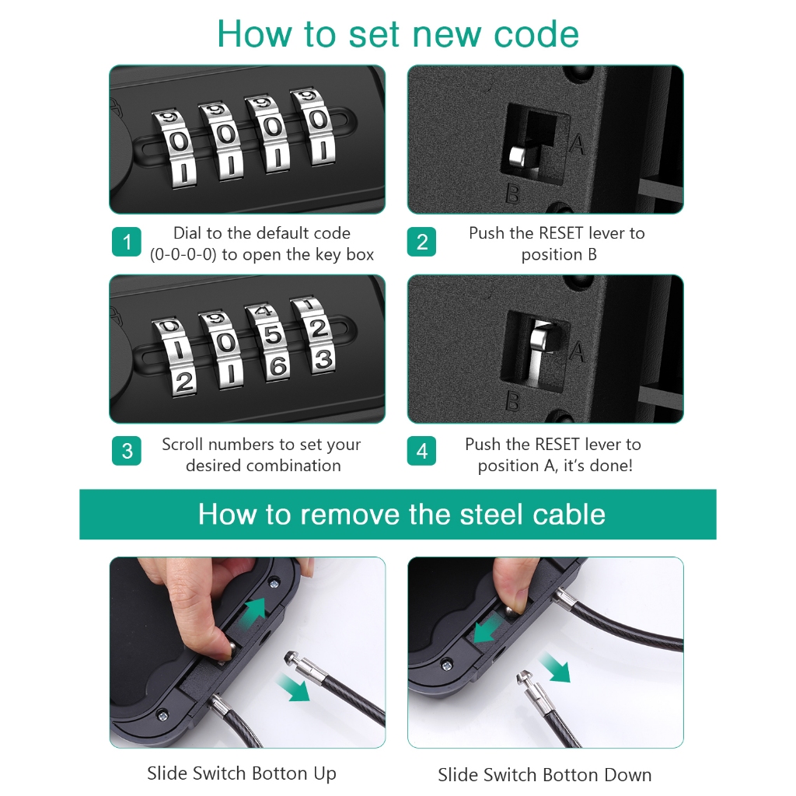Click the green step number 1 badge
[127, 242]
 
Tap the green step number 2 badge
[421, 242]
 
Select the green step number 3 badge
[127, 451]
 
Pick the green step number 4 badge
[421, 451]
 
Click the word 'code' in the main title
[536, 34]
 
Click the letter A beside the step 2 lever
[577, 144]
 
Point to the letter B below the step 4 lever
[513, 402]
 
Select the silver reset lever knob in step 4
[539, 337]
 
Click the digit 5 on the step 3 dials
[273, 335]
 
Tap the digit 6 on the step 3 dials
[278, 367]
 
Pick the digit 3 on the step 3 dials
[323, 360]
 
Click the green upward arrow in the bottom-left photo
[256, 608]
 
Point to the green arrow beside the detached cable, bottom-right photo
[555, 668]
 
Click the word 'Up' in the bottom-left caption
[325, 774]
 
